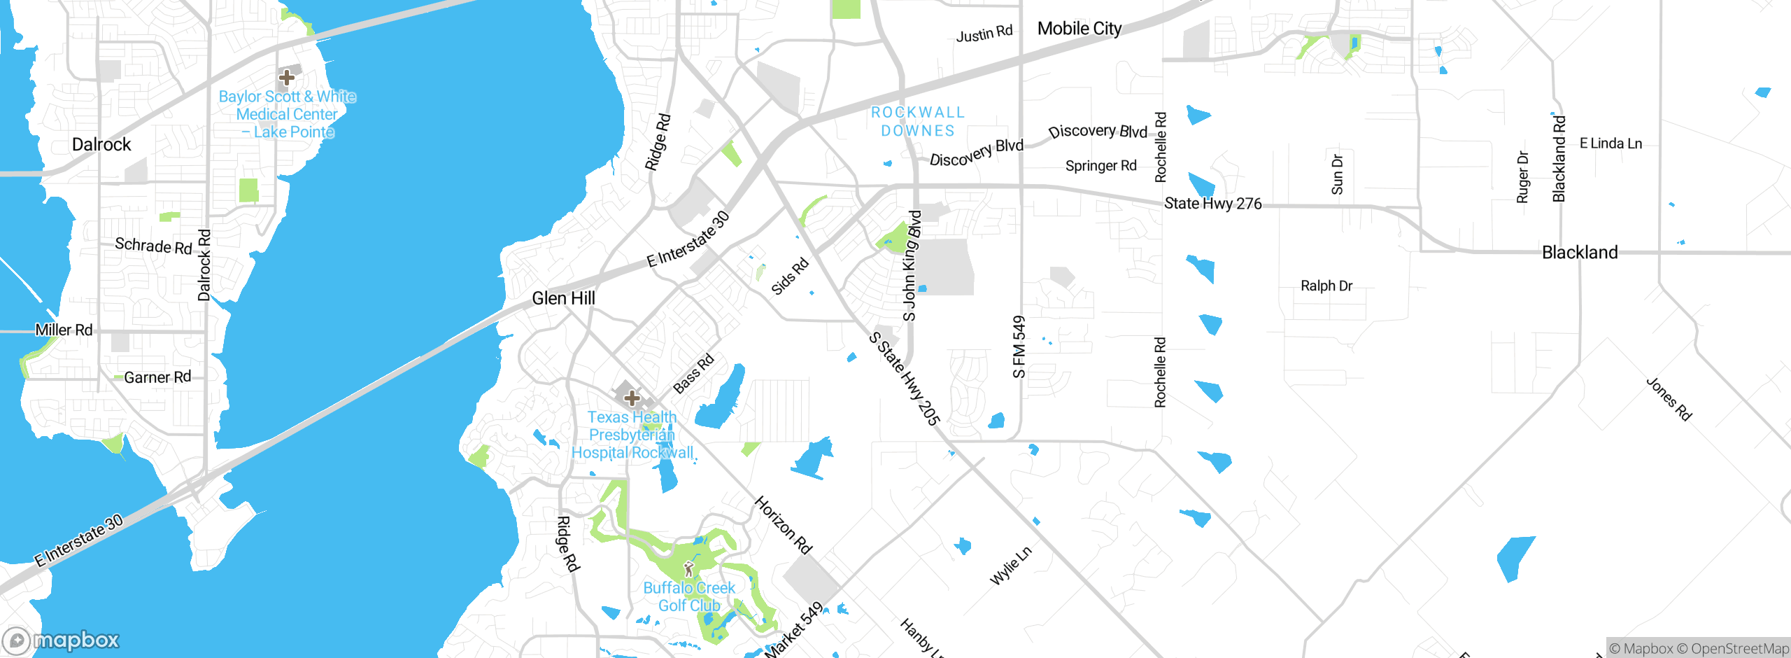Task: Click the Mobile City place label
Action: [x=1079, y=29]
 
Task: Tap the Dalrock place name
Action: [x=101, y=144]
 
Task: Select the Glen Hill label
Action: [x=563, y=298]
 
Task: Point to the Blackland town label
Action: [x=1580, y=252]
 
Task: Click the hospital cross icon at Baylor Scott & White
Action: [x=286, y=77]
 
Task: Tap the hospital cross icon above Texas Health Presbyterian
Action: [x=632, y=398]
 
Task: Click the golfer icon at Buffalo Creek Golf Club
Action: [x=688, y=568]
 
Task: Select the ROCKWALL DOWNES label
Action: [x=918, y=122]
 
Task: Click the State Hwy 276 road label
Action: [x=1212, y=204]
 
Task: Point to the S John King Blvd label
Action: [x=911, y=266]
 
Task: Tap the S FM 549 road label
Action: [x=1019, y=346]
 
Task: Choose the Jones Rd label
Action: [x=1669, y=399]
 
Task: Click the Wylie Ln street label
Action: [x=1010, y=566]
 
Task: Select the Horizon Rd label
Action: [x=784, y=525]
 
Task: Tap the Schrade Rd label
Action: [x=153, y=246]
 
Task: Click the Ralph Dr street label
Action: [x=1326, y=286]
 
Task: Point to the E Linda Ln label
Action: [x=1611, y=143]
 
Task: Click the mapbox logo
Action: [x=62, y=640]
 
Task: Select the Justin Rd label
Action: [x=984, y=34]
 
